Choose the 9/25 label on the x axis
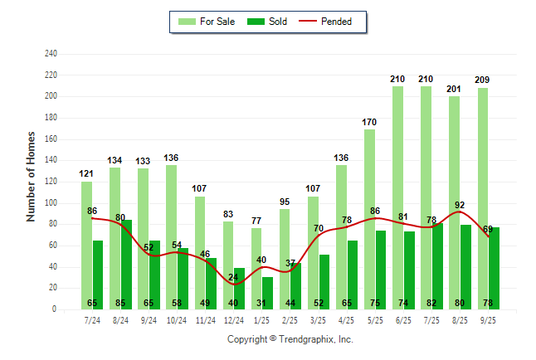click(x=488, y=320)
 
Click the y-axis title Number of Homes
click(x=32, y=176)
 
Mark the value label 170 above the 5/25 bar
click(x=369, y=123)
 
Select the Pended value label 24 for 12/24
click(x=233, y=276)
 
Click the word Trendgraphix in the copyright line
click(x=308, y=339)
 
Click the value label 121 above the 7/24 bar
click(x=86, y=174)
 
